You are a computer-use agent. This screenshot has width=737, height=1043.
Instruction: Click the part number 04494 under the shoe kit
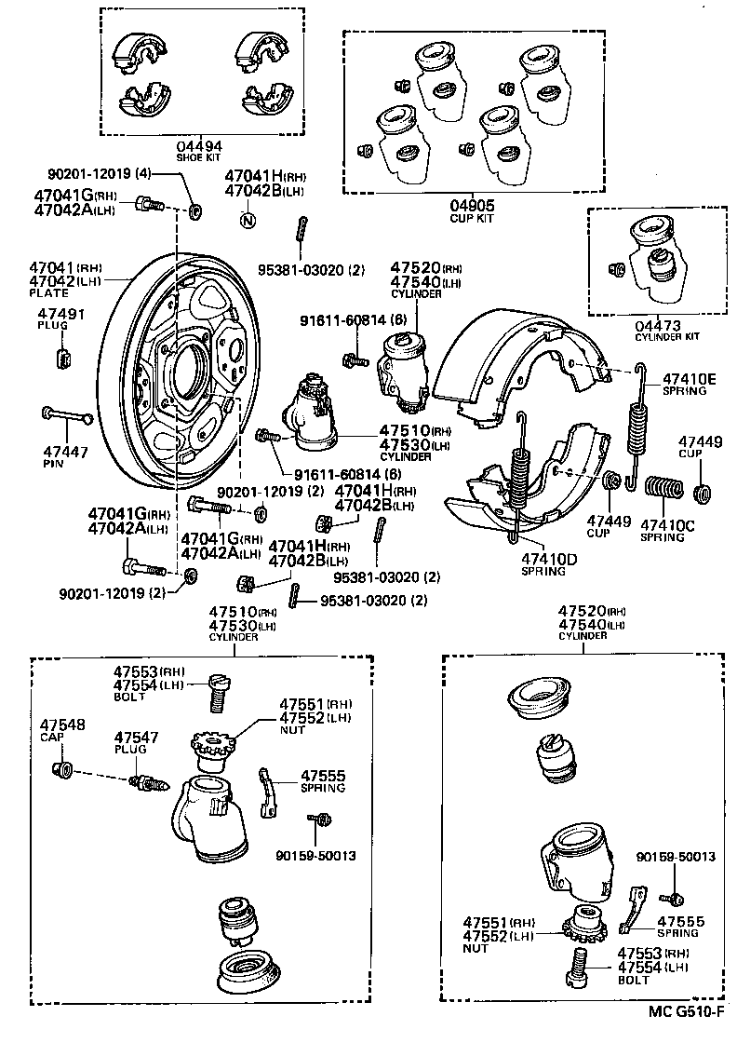[199, 146]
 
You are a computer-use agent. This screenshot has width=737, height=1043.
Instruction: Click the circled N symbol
[248, 221]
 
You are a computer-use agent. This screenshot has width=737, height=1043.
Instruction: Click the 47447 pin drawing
[65, 415]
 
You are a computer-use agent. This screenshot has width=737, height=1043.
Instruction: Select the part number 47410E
[690, 379]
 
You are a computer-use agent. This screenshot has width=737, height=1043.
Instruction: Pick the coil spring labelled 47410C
[663, 487]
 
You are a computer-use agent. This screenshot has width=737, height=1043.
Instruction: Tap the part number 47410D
[549, 559]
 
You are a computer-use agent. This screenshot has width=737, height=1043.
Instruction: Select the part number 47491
[61, 315]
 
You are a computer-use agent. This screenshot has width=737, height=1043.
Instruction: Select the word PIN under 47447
[52, 462]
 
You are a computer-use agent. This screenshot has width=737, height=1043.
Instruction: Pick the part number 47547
[137, 737]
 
